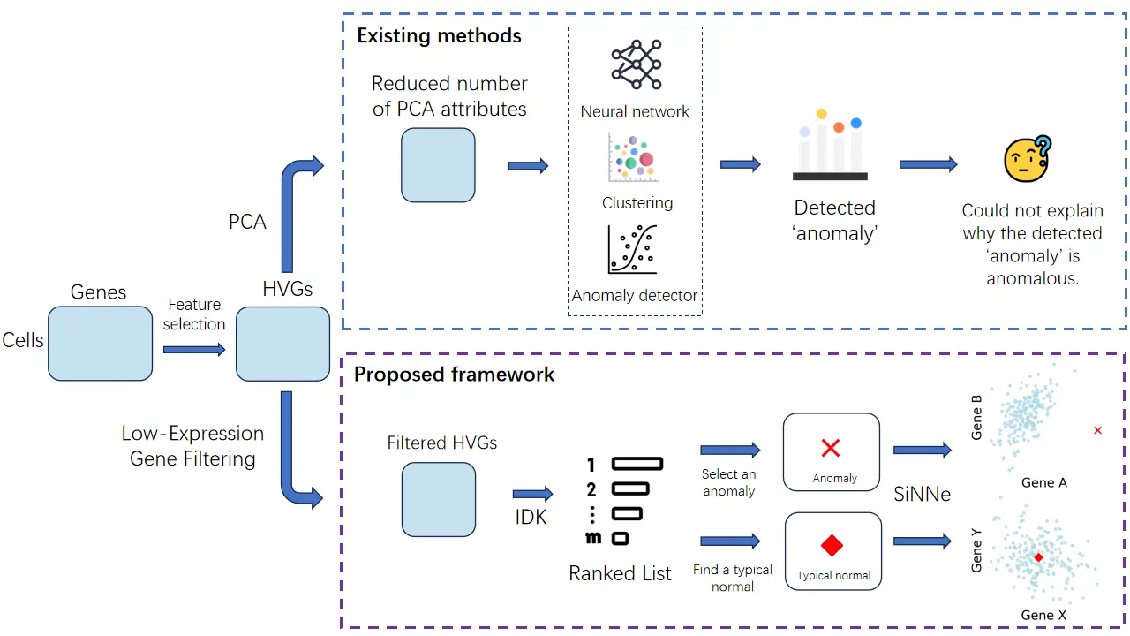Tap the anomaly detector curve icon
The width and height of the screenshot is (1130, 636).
click(x=633, y=249)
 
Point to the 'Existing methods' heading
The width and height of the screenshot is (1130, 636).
click(x=439, y=36)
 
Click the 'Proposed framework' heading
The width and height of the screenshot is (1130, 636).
click(x=454, y=374)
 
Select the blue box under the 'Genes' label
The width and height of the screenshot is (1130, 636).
click(x=100, y=343)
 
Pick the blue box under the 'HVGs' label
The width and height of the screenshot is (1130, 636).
click(x=282, y=343)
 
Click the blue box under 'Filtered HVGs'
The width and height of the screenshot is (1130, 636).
click(x=439, y=499)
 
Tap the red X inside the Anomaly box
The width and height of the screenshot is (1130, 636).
click(x=830, y=448)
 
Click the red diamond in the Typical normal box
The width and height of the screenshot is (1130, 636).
click(x=832, y=544)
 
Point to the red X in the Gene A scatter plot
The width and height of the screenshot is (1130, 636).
click(x=1097, y=430)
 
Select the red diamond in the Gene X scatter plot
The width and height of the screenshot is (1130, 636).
click(x=1038, y=557)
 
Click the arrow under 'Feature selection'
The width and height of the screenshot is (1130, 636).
click(x=194, y=350)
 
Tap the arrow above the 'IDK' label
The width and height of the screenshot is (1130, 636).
click(x=532, y=494)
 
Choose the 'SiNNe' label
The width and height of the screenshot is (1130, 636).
click(x=922, y=495)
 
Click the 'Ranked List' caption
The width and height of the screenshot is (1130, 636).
click(x=620, y=573)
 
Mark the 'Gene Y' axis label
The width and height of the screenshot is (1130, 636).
click(x=976, y=549)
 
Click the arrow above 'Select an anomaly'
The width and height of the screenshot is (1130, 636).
click(x=729, y=450)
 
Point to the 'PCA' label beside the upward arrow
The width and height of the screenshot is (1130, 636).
click(x=247, y=222)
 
